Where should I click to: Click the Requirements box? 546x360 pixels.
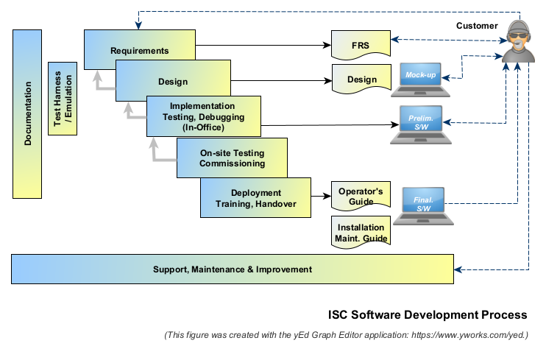point(140,50)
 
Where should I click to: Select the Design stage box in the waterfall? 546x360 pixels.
point(172,81)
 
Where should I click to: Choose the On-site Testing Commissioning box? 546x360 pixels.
point(232,158)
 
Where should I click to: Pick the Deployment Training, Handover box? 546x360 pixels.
point(255,198)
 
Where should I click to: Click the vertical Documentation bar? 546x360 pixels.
point(27,114)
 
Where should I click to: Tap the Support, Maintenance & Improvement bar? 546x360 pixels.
point(233,269)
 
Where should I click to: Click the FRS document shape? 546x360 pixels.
point(360,46)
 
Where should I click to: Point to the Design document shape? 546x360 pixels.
point(361,80)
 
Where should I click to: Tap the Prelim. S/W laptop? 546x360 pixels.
point(423,123)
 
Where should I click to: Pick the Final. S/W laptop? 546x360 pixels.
point(423,205)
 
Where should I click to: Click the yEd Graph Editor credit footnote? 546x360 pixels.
point(346,335)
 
